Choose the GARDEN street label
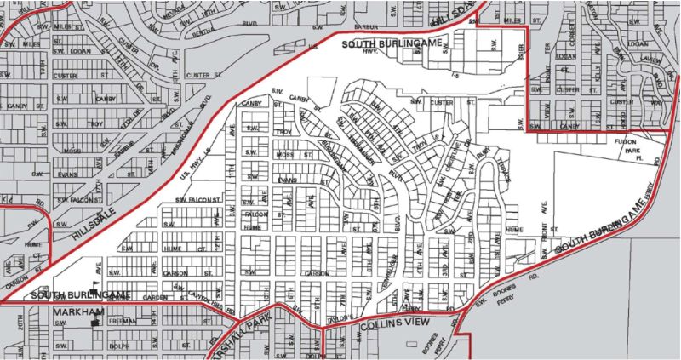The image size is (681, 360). (x=157, y=298)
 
